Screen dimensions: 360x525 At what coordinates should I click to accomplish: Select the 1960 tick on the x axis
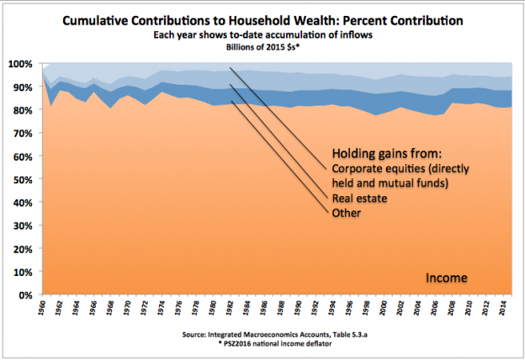(42, 309)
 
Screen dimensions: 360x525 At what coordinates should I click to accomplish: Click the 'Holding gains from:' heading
(384, 154)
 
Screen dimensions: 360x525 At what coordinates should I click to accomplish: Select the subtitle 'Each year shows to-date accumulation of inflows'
(262, 35)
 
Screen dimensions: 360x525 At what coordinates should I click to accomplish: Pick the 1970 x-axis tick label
(126, 309)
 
